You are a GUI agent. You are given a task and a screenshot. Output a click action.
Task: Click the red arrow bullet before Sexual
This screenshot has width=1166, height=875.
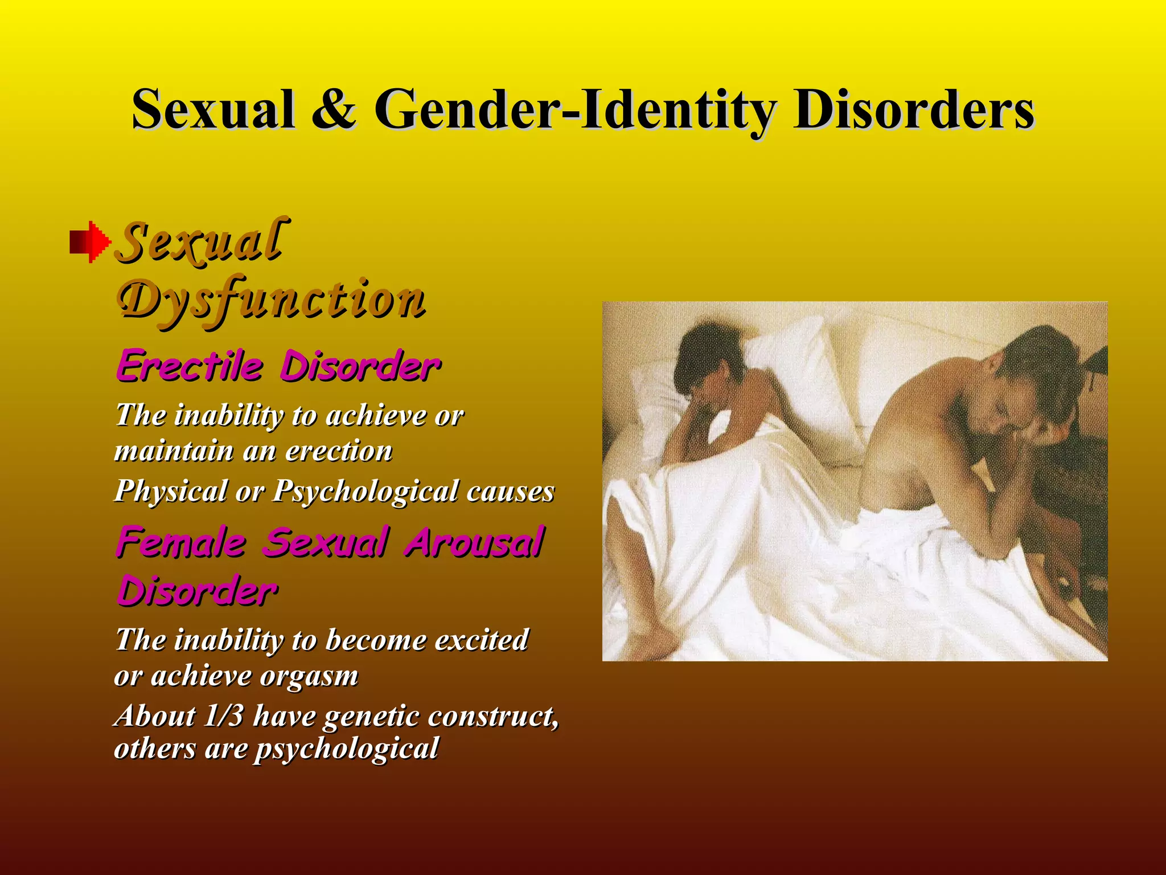pos(90,242)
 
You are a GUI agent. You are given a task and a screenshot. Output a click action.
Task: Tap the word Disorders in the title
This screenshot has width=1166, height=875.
pos(913,109)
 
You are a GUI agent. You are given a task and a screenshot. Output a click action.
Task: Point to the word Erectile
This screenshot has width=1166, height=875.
pos(190,366)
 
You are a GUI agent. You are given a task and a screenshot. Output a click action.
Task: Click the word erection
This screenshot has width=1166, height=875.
pos(339,451)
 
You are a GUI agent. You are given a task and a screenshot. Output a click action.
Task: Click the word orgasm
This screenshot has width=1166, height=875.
pos(310,677)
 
